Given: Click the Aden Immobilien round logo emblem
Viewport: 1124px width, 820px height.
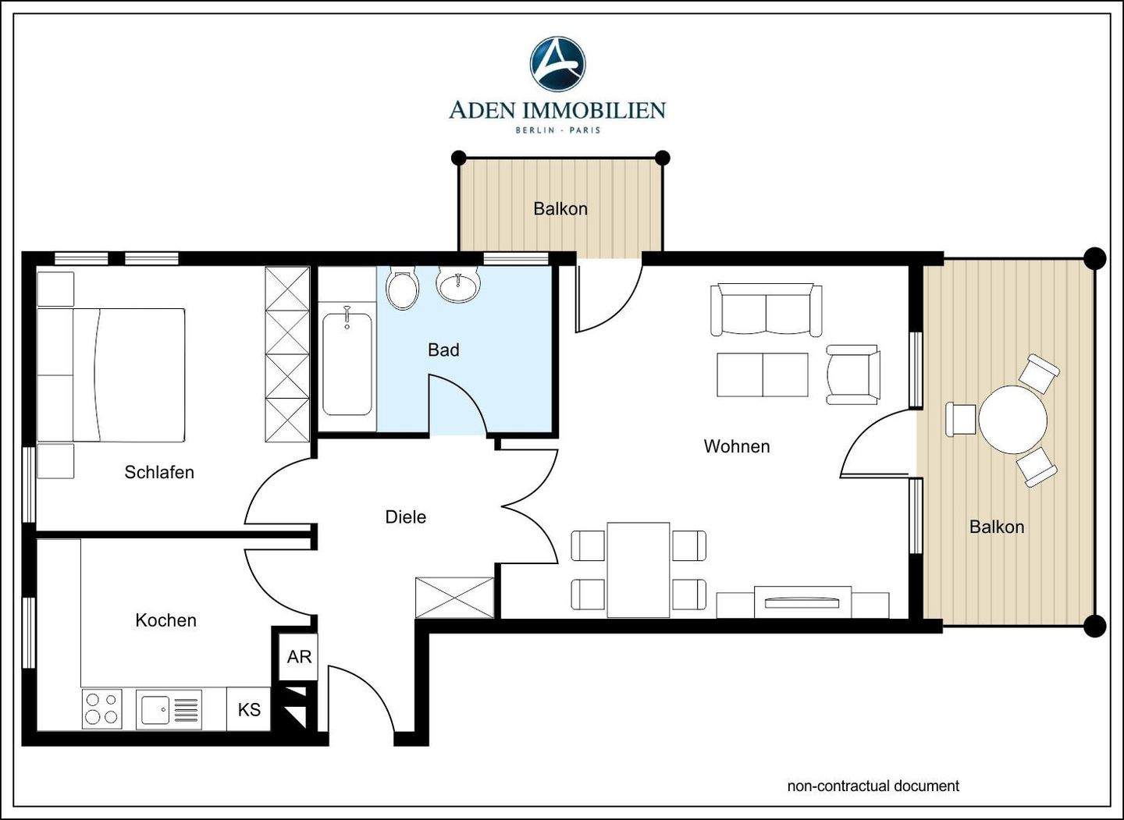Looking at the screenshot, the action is click(x=557, y=64).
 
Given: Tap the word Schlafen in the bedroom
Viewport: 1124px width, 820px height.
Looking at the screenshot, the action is click(x=159, y=472).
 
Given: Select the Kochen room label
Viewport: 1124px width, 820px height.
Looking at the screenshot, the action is click(x=165, y=620).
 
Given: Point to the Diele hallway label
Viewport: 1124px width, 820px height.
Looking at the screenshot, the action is click(x=405, y=517).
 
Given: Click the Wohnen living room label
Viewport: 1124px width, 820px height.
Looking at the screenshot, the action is click(x=737, y=446).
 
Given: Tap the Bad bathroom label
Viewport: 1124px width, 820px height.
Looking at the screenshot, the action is click(x=443, y=350).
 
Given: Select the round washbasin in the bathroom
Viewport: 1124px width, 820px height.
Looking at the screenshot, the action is click(x=459, y=286).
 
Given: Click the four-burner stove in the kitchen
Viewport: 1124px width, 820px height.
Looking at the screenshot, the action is click(x=101, y=708).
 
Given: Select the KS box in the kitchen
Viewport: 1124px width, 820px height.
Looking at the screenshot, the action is click(x=249, y=709).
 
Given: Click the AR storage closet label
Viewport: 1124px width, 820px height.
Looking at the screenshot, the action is click(x=299, y=656).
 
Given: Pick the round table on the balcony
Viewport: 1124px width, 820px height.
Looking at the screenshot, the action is click(x=1012, y=420).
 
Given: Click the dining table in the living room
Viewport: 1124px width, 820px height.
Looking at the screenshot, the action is click(x=638, y=570).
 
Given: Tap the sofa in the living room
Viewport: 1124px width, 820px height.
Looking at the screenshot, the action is click(x=767, y=310).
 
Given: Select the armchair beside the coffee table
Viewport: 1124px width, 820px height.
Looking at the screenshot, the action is click(x=853, y=375).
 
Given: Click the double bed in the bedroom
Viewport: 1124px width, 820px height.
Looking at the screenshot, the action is click(x=112, y=375).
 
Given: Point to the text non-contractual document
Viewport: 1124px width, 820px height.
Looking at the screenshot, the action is click(x=873, y=786).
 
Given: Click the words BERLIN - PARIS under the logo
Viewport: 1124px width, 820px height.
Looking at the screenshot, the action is click(x=558, y=130).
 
